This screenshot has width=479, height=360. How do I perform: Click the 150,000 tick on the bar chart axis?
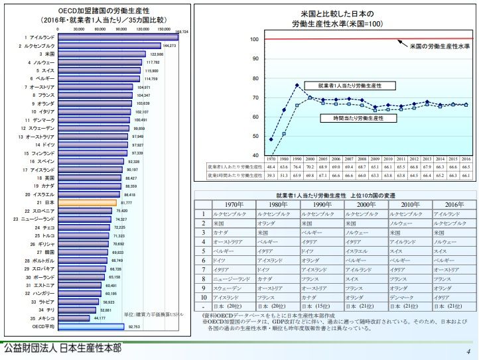pyautogui.click(x=163, y=29)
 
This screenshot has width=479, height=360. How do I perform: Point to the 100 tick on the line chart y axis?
pyautogui.click(x=254, y=40)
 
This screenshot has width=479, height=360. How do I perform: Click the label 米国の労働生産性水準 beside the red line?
pyautogui.click(x=439, y=46)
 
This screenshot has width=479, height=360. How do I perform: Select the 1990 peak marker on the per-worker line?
pyautogui.click(x=297, y=86)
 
